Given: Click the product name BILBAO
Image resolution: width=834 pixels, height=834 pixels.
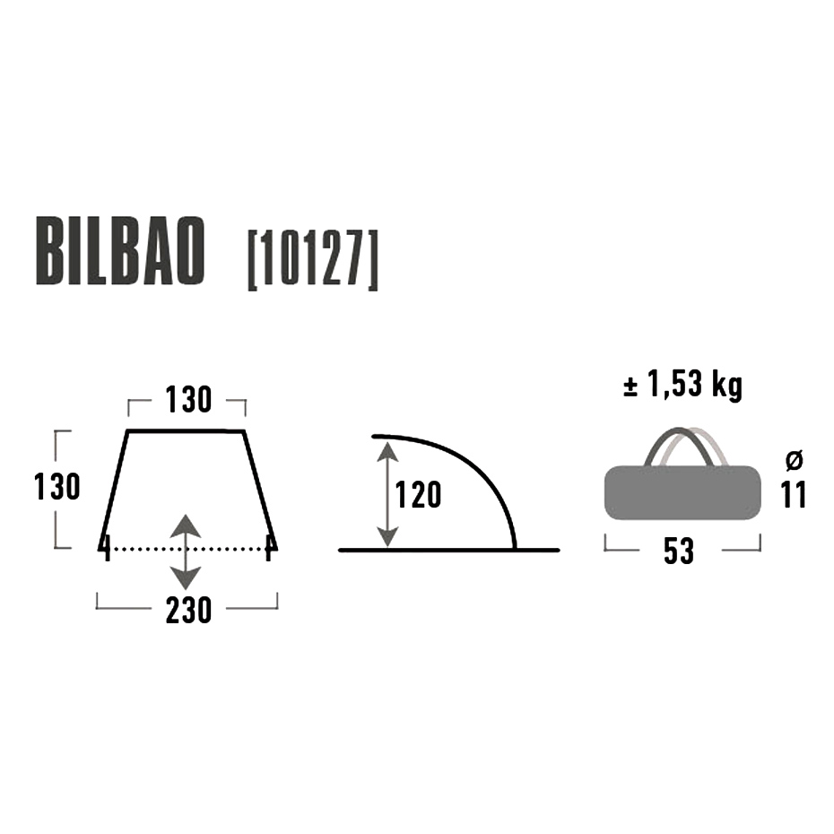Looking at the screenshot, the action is (120, 252).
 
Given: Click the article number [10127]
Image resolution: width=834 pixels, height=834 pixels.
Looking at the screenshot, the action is (313, 260).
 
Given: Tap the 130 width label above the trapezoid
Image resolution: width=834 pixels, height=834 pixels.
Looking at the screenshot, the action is (188, 399).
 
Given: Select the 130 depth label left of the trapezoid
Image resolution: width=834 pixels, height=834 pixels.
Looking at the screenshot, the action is (56, 487).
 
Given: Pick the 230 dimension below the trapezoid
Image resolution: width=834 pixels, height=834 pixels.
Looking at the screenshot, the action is (189, 610).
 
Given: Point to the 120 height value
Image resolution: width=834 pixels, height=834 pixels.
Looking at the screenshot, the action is (418, 495).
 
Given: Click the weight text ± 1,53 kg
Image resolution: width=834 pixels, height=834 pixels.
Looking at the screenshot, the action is (683, 384).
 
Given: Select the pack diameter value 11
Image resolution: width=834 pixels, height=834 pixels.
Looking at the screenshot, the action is (794, 495).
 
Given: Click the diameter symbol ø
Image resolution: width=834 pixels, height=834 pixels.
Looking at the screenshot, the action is (795, 461).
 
